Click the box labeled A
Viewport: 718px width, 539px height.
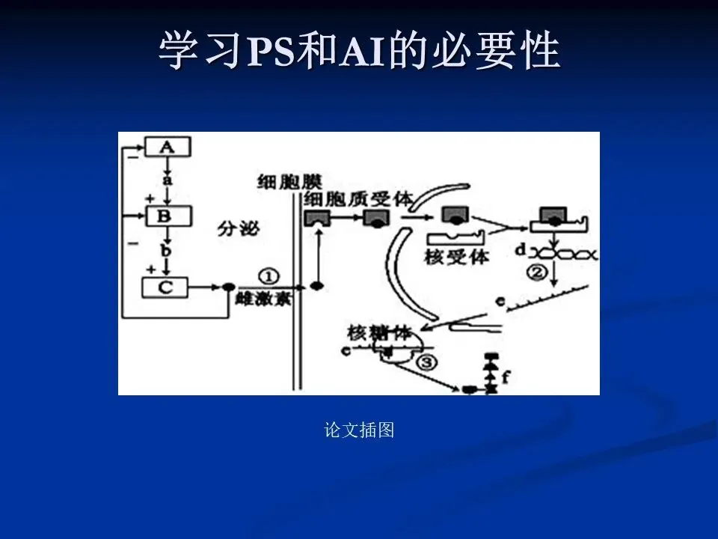[168, 147]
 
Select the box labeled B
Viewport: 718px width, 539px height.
[168, 216]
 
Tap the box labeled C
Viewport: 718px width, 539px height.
[165, 286]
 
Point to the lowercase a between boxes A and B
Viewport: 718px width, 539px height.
[168, 181]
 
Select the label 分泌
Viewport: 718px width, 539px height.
[239, 228]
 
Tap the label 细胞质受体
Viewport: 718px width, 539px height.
[358, 199]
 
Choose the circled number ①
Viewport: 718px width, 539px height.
[267, 275]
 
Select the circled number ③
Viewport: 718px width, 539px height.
[425, 364]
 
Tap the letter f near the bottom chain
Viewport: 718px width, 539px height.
[506, 377]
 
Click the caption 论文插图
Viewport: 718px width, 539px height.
[359, 430]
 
